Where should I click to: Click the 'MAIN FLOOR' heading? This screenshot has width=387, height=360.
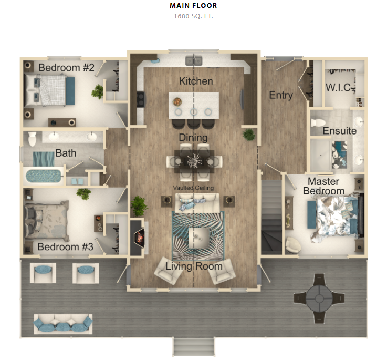[193, 5]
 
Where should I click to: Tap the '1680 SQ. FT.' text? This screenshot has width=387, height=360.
[193, 16]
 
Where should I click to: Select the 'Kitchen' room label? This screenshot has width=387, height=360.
[196, 81]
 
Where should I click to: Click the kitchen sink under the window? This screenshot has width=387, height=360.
[194, 60]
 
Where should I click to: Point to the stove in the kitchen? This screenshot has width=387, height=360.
[141, 99]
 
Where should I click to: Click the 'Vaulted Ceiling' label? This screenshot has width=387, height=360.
[193, 188]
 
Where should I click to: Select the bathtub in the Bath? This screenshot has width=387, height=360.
[43, 176]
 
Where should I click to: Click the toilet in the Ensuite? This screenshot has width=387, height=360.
[318, 123]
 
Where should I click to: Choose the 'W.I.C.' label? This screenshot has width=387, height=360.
[340, 87]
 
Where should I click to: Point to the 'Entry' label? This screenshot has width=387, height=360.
[281, 95]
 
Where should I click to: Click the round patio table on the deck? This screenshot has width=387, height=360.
[319, 298]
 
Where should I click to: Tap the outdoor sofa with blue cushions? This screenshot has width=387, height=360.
[63, 324]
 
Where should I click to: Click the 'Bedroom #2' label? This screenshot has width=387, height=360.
[66, 67]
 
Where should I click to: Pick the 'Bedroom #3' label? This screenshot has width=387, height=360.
[66, 246]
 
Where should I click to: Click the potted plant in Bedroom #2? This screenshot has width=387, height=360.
[98, 91]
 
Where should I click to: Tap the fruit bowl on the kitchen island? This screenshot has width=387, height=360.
[177, 101]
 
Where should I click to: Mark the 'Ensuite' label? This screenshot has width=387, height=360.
[340, 131]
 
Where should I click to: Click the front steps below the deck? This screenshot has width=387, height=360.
[194, 347]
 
